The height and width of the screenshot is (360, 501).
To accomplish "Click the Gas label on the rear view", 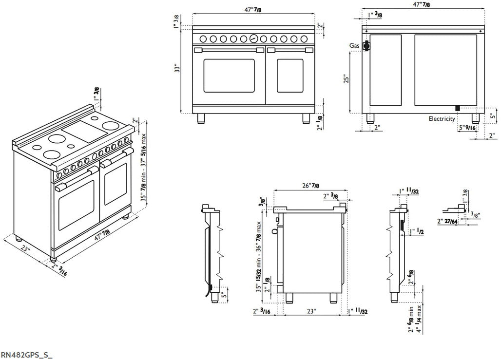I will coord(354,45).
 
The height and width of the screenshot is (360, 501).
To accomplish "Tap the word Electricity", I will coord(442,118).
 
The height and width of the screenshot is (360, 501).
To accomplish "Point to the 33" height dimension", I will coord(179,69).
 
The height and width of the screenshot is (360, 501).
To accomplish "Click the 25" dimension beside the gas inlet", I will coord(346,79).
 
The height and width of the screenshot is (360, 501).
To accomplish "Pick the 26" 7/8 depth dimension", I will coord(310,186).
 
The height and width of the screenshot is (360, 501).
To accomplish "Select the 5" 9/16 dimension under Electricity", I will coord(466,128).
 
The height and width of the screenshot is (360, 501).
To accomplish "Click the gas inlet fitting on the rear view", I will coord(366,47).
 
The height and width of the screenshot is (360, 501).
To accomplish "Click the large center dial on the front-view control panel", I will coord(253,38).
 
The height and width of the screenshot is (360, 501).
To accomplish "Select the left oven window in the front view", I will coord(229,76).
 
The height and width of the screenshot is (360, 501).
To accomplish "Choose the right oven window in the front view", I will coord(290,76).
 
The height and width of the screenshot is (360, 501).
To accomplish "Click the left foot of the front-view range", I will coord(201,117).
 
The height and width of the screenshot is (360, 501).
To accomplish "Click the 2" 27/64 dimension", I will coord(447,222).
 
